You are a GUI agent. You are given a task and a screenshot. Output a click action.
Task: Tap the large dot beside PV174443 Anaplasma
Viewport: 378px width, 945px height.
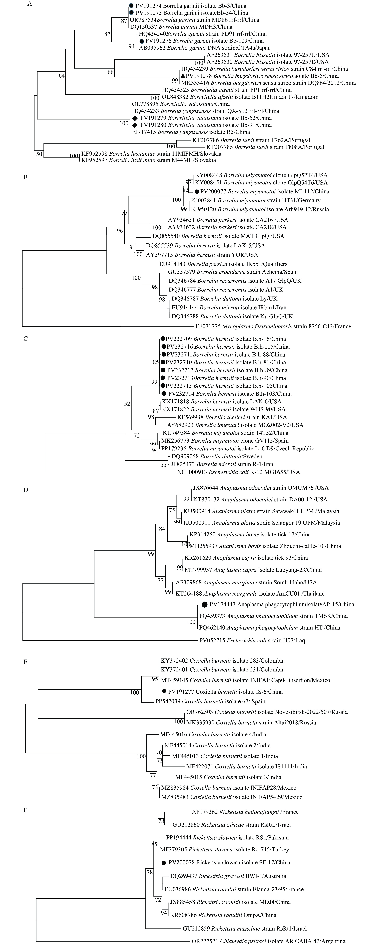click(x=204, y=604)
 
